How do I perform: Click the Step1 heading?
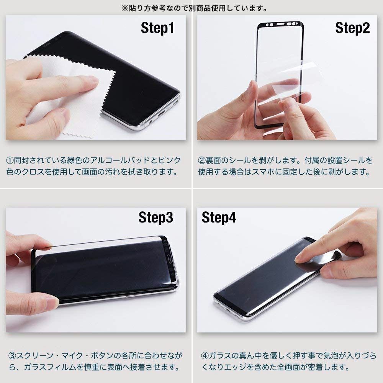157,28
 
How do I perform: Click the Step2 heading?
352,28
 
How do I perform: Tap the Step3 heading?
156,217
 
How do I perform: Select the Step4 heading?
219,217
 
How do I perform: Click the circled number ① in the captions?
10,160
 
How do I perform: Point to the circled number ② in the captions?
202,160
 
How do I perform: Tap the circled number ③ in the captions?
12,355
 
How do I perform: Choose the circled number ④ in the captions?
205,355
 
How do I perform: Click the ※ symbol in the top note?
125,8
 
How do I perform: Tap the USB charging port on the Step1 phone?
162,114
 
